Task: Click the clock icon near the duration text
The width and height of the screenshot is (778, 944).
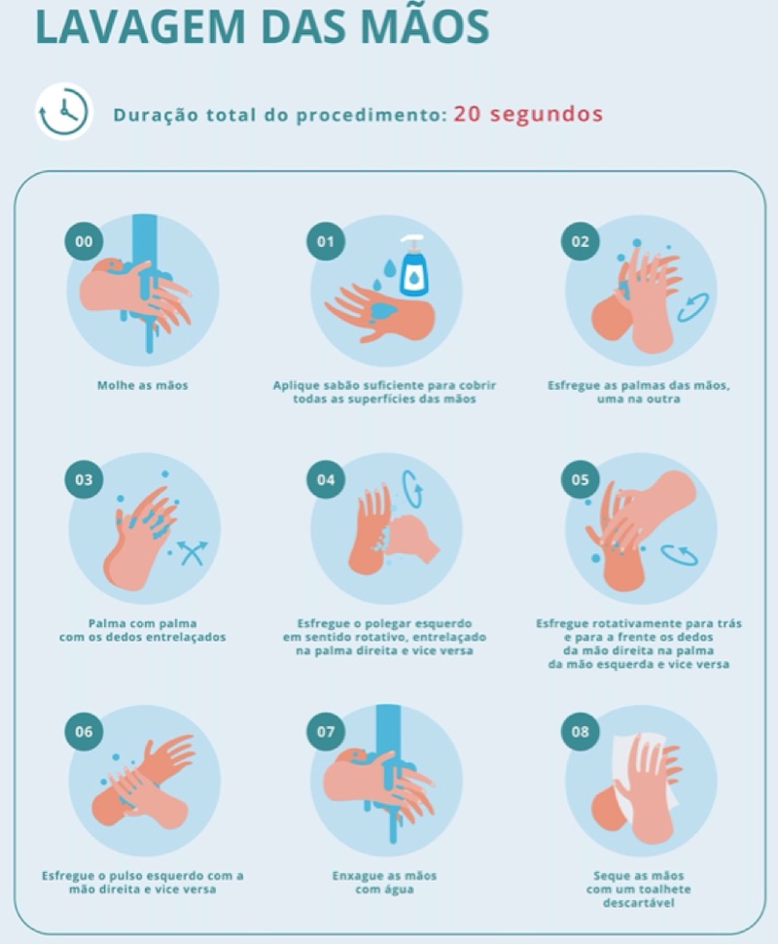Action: pyautogui.click(x=63, y=112)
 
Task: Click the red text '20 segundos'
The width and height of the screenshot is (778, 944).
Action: pyautogui.click(x=528, y=114)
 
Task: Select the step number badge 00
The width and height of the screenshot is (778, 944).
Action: pyautogui.click(x=84, y=241)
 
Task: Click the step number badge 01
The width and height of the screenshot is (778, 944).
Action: pyautogui.click(x=325, y=241)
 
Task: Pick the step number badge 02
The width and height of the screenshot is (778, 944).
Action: pyautogui.click(x=580, y=241)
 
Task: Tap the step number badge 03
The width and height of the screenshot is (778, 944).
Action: pyautogui.click(x=84, y=480)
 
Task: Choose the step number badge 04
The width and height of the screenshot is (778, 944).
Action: pyautogui.click(x=325, y=480)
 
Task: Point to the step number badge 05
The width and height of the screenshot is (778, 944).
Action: pyautogui.click(x=580, y=480)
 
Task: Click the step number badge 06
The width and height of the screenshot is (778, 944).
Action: pyautogui.click(x=84, y=731)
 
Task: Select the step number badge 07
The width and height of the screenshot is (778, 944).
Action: pyautogui.click(x=325, y=731)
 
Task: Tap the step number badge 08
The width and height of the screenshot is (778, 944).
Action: pyautogui.click(x=580, y=731)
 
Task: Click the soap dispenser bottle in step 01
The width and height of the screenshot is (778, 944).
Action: pyautogui.click(x=413, y=266)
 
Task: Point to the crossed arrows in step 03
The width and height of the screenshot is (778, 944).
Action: pyautogui.click(x=193, y=552)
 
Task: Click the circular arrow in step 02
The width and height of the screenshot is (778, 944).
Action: pyautogui.click(x=693, y=307)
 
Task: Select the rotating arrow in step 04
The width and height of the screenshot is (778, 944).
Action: pyautogui.click(x=412, y=489)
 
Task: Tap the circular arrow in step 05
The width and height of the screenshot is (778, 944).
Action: pyautogui.click(x=679, y=555)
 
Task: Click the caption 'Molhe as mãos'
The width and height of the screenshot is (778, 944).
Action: pyautogui.click(x=143, y=385)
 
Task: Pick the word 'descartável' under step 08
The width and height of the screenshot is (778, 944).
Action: pyautogui.click(x=638, y=903)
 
